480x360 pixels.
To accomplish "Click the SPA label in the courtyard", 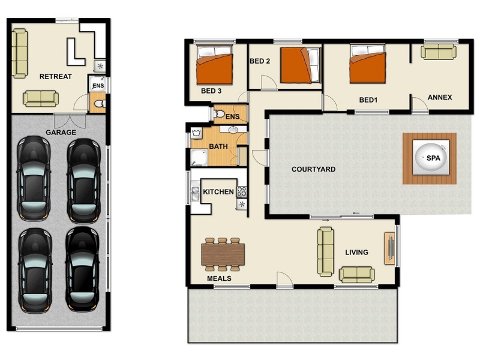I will pos(432,158).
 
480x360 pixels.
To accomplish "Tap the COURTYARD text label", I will pos(313,170).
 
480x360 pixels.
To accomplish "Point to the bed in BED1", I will pos(367,67).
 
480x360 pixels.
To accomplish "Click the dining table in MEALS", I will pos(223,254).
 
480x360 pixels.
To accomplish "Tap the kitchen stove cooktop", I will pos(242,192).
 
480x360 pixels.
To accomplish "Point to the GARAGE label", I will pos(61,133).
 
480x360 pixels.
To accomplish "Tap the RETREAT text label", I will pos(55,77).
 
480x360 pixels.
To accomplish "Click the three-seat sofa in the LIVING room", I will pos(325,251).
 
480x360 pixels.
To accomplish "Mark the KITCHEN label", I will pos(218,192).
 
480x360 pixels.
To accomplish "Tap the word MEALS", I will pos(219,279).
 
